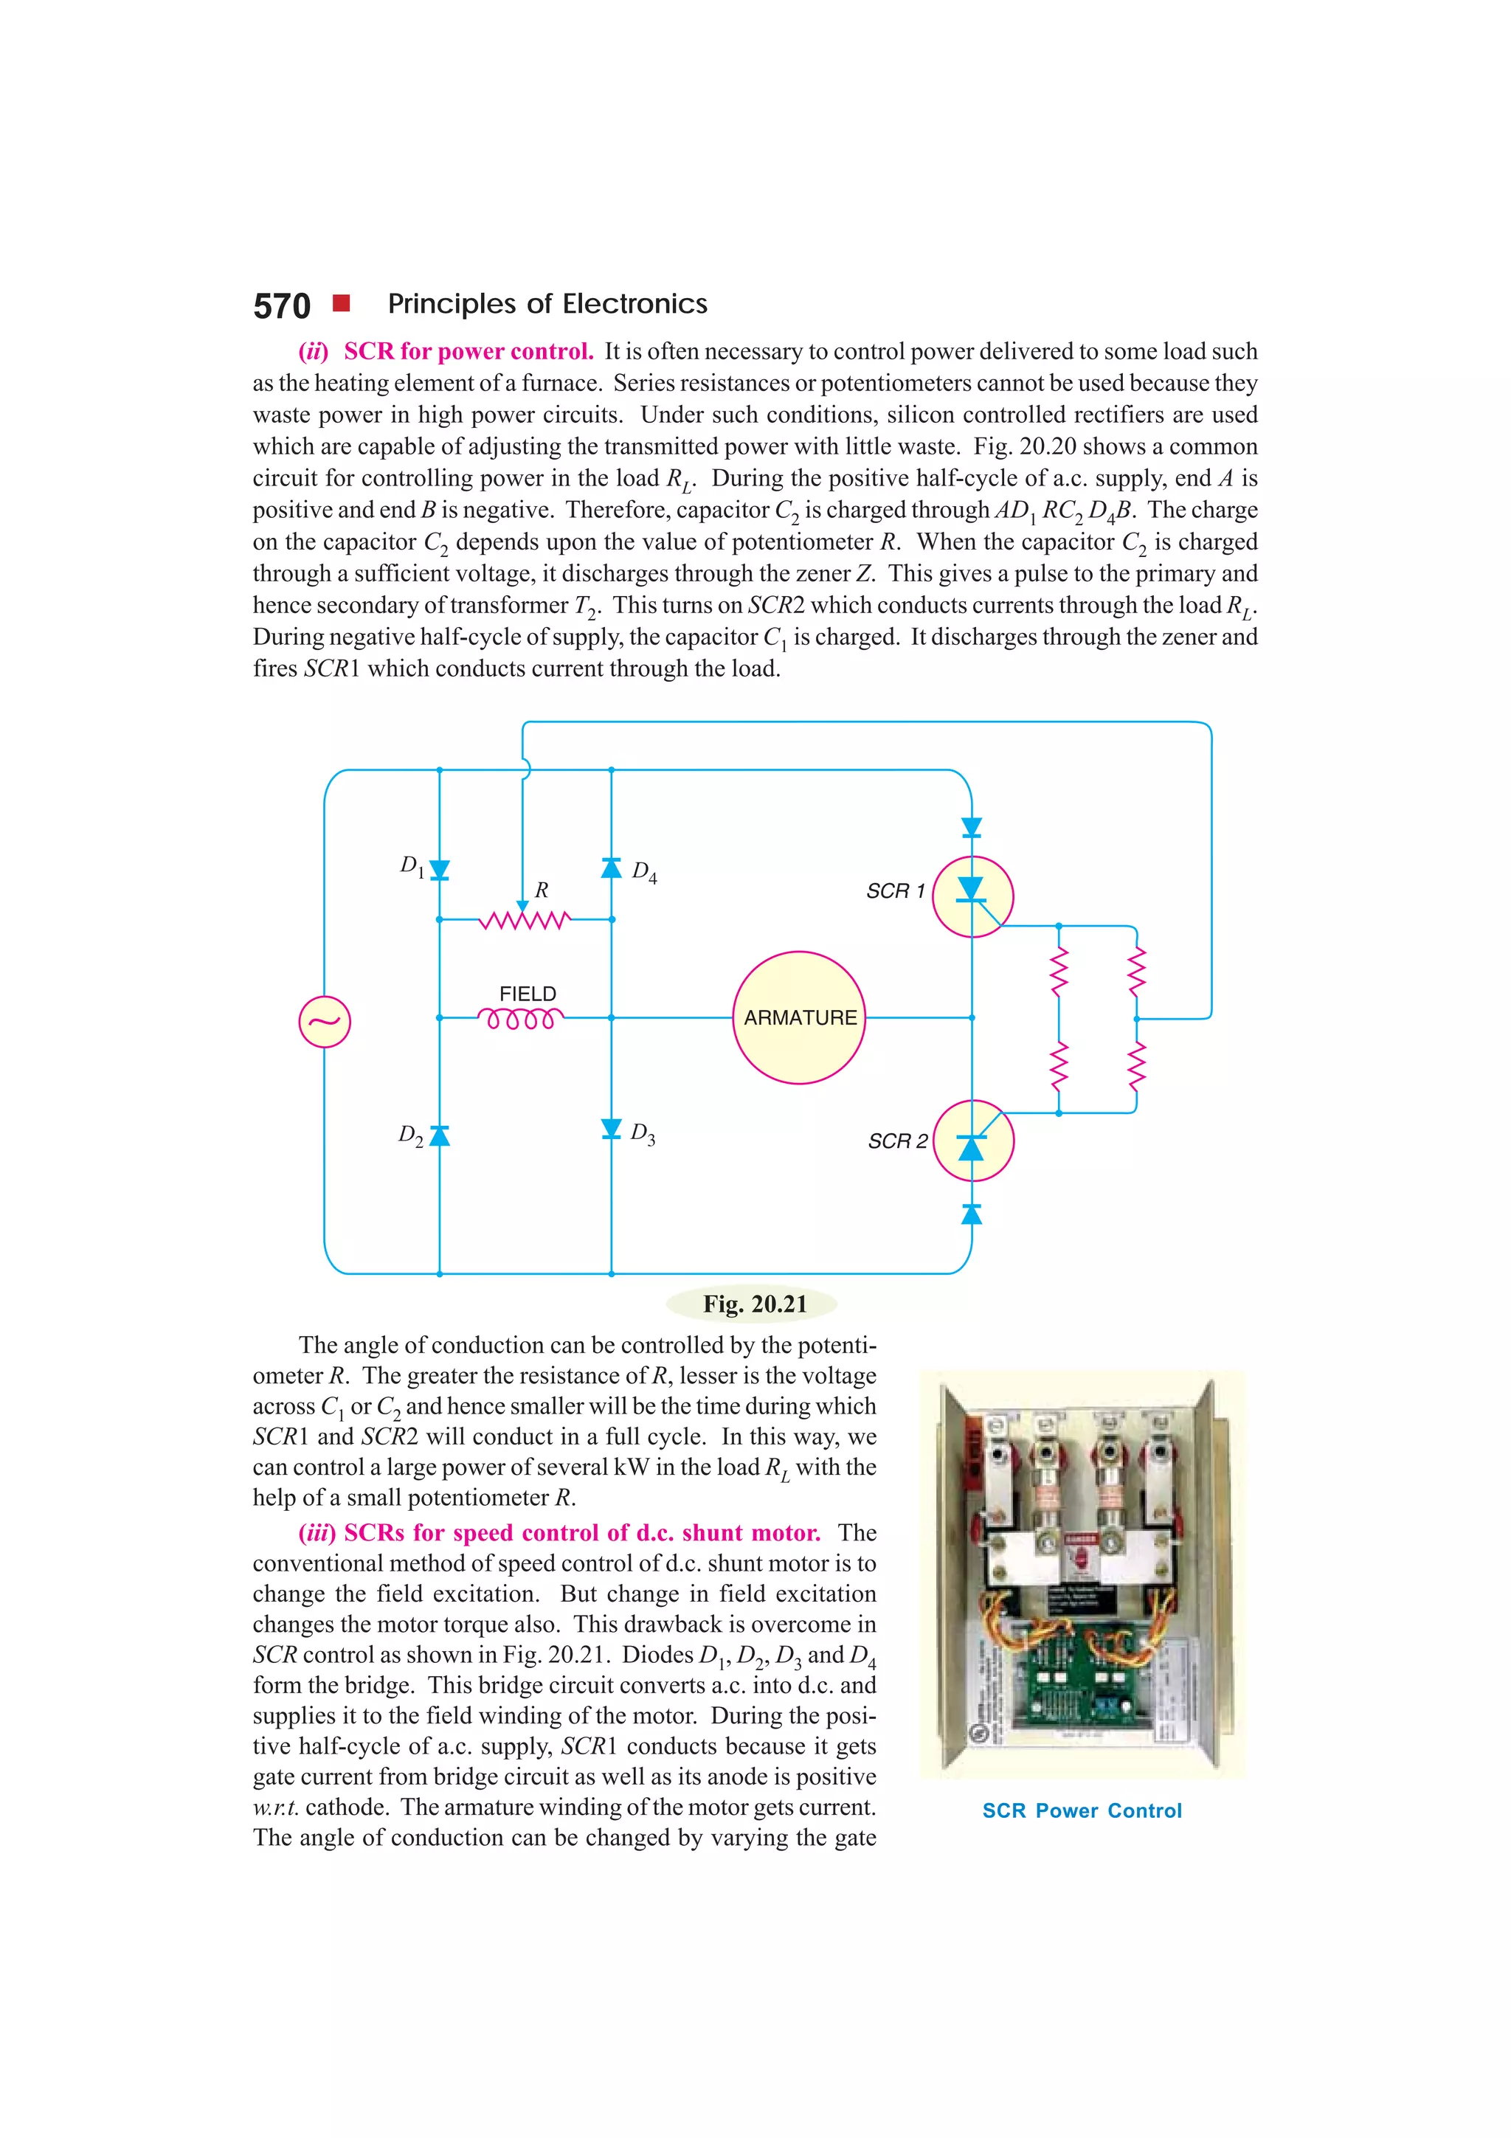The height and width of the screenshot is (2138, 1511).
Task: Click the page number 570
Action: (x=281, y=306)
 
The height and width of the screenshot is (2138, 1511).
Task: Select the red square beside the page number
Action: (x=342, y=302)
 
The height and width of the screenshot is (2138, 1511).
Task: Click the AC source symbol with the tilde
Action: (x=324, y=1022)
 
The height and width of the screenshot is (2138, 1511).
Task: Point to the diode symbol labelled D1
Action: (x=440, y=870)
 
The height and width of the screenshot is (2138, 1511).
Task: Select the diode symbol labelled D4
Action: (x=611, y=868)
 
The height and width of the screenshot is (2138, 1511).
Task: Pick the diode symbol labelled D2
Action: (x=440, y=1135)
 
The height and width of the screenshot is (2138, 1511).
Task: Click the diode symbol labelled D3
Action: (x=611, y=1129)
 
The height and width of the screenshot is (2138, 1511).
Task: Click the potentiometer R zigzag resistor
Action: (x=524, y=920)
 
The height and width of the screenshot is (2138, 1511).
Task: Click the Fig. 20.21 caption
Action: (x=754, y=1304)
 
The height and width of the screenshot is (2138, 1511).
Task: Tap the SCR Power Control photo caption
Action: (x=1082, y=1810)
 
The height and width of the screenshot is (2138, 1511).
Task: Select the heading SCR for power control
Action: (x=468, y=351)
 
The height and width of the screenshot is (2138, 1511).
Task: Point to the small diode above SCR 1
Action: (x=971, y=827)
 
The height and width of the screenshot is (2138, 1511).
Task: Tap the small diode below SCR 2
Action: (x=971, y=1214)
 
